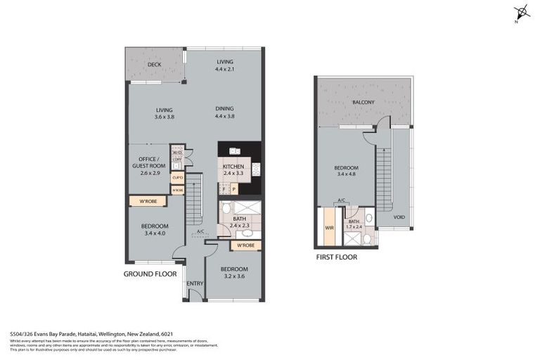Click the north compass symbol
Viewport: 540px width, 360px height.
(x=521, y=13)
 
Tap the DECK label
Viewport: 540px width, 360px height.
(x=154, y=65)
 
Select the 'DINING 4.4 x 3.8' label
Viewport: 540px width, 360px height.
(x=225, y=112)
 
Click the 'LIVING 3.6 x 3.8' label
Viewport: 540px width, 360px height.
(x=164, y=112)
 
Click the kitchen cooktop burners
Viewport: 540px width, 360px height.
(x=255, y=169)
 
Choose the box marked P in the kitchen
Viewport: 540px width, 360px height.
(x=234, y=189)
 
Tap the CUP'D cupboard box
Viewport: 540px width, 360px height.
(x=177, y=177)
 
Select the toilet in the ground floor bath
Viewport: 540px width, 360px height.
(x=224, y=209)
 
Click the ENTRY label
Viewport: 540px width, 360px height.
(x=195, y=283)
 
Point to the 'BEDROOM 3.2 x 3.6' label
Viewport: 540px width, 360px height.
(x=233, y=272)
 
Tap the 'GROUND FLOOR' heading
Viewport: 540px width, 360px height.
(x=150, y=274)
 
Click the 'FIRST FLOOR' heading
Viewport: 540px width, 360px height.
(x=336, y=257)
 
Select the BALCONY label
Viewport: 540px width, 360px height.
(x=364, y=103)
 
